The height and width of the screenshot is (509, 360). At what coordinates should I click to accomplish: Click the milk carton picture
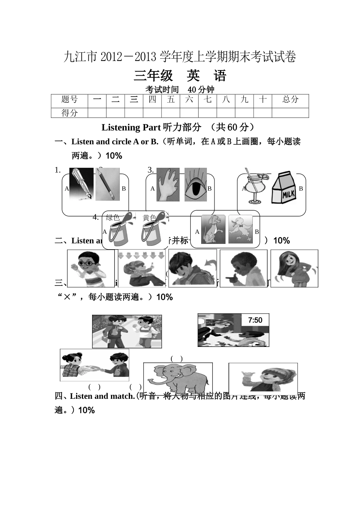[283, 189]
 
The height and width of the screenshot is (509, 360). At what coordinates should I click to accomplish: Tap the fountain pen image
[81, 184]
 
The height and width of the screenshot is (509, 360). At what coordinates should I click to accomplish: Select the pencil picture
[107, 184]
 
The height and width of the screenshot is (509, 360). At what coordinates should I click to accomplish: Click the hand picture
[168, 184]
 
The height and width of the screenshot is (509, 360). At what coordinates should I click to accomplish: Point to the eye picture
[196, 185]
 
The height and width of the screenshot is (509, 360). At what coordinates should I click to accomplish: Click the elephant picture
[178, 378]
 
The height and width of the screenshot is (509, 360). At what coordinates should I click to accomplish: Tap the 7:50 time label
[255, 320]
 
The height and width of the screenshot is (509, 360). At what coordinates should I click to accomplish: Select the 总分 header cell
[290, 100]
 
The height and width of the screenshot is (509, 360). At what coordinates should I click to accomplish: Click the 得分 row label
[69, 113]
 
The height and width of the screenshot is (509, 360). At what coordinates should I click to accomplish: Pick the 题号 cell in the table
[69, 100]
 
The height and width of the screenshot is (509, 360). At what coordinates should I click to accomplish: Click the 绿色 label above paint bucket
[113, 217]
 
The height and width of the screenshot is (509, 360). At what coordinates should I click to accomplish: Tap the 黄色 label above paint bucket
[149, 217]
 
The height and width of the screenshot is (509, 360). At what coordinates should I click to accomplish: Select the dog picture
[213, 230]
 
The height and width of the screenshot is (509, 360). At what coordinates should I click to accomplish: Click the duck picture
[240, 230]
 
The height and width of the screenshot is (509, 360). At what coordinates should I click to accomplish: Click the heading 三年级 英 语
[180, 76]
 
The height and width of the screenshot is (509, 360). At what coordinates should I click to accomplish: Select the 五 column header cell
[171, 100]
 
